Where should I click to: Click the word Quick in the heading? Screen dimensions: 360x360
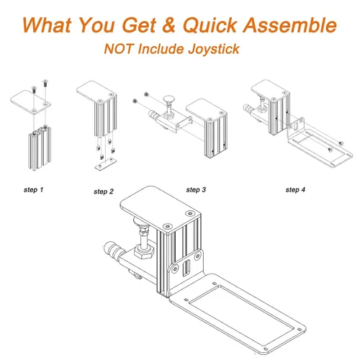[x=210, y=26]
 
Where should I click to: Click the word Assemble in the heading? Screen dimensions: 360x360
[x=290, y=25]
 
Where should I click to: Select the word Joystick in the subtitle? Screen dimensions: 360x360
[x=214, y=49]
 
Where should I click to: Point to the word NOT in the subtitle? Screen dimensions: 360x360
[x=119, y=49]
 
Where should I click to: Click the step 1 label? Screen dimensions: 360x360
[x=34, y=190]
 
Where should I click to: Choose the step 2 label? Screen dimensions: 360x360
[x=104, y=192]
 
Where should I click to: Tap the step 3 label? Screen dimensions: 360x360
[x=196, y=190]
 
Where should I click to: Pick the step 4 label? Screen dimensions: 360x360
[x=295, y=190]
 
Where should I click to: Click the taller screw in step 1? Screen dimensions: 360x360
[x=45, y=84]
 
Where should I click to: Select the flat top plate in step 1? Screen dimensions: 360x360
[x=30, y=102]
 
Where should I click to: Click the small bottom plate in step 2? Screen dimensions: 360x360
[x=106, y=164]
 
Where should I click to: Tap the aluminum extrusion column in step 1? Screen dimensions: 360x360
[x=40, y=148]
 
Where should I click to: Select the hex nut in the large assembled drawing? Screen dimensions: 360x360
[x=144, y=251]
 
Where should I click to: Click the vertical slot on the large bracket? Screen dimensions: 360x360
[x=186, y=268]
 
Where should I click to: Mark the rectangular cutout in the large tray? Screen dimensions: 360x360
[x=242, y=310]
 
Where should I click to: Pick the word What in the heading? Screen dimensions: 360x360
[x=47, y=25]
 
